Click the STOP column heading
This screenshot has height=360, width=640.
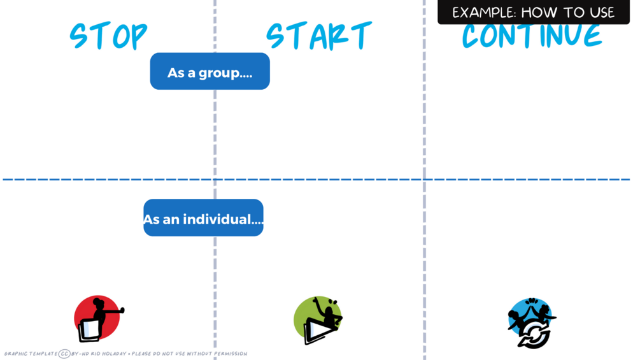pos(108,36)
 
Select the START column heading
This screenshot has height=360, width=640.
pos(318,36)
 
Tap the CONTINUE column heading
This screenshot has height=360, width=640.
pos(532,37)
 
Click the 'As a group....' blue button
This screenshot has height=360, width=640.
pos(210,71)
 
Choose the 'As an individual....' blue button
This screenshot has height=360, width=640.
pos(203,218)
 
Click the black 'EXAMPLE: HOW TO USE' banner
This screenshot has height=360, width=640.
pos(533,12)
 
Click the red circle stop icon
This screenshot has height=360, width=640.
pos(97,318)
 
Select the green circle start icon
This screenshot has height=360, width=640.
pos(318,319)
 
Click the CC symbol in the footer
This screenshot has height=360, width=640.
pos(64,354)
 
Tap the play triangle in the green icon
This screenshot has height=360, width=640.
pos(314,332)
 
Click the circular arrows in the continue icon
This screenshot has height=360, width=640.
pos(533,335)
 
